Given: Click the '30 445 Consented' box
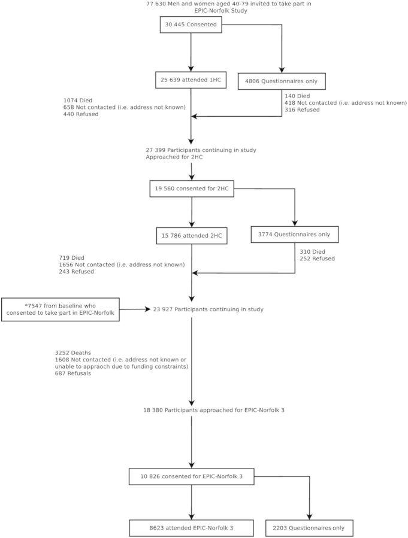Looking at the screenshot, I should tap(191, 25).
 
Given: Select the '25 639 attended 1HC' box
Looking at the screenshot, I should tap(191, 80).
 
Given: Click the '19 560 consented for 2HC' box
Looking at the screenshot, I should tap(191, 189).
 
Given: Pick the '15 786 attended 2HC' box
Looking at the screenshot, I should tap(191, 236).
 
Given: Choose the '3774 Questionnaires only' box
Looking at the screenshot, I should tap(295, 235).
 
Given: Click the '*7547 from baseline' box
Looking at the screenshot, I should tap(61, 309).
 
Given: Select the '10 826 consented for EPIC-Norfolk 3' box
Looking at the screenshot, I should tap(191, 477).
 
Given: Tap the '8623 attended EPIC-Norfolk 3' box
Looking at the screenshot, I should tap(191, 528).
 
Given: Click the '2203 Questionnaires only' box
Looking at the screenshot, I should tap(309, 528).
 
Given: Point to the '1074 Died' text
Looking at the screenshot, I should tap(78, 101).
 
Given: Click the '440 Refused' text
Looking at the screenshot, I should tap(81, 114).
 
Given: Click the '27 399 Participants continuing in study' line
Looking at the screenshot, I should tap(201, 149).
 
